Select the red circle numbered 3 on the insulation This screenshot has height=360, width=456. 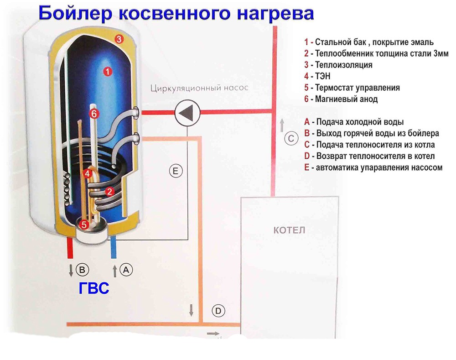tap(118, 39)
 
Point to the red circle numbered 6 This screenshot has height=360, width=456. tap(94, 114)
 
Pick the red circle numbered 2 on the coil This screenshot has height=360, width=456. tap(109, 191)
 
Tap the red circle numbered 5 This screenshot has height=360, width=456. tap(83, 224)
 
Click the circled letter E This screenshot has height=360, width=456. tap(176, 172)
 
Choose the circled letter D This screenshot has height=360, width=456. tap(218, 311)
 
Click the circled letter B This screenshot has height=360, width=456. tap(82, 270)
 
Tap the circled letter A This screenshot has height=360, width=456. tap(126, 270)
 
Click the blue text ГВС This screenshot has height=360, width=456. tap(93, 288)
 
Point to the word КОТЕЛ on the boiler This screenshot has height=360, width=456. tap(289, 230)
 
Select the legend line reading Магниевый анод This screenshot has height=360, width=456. tap(341, 99)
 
